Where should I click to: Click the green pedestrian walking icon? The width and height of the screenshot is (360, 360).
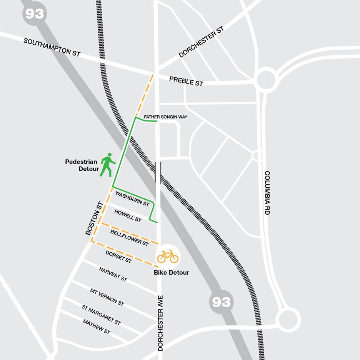pos(108,165)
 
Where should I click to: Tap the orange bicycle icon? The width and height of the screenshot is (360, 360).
pos(168,256)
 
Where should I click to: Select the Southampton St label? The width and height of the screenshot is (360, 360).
pos(52,47)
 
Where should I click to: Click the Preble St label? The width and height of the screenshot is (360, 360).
pos(186,81)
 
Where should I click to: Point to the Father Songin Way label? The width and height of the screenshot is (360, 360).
pos(165,117)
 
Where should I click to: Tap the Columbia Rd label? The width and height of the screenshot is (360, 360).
pos(267,192)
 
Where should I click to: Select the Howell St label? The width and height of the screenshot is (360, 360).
pos(128,215)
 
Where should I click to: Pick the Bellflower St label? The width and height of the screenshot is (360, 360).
pos(129,238)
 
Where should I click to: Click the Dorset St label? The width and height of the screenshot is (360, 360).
pos(118,257)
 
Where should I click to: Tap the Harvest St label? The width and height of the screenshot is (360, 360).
pos(113,274)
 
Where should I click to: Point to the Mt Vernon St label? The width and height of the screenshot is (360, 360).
pos(107,297)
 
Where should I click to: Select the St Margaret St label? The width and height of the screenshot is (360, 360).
pos(101,315)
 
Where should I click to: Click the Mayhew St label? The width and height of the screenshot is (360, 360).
pos(97,327)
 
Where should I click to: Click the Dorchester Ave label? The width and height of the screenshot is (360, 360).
pos(160,323)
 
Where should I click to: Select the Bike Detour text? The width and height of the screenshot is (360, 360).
pos(172,273)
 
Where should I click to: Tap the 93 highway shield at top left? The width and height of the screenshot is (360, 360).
pos(34,14)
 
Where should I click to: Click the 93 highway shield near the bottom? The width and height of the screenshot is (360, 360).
pos(222,302)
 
